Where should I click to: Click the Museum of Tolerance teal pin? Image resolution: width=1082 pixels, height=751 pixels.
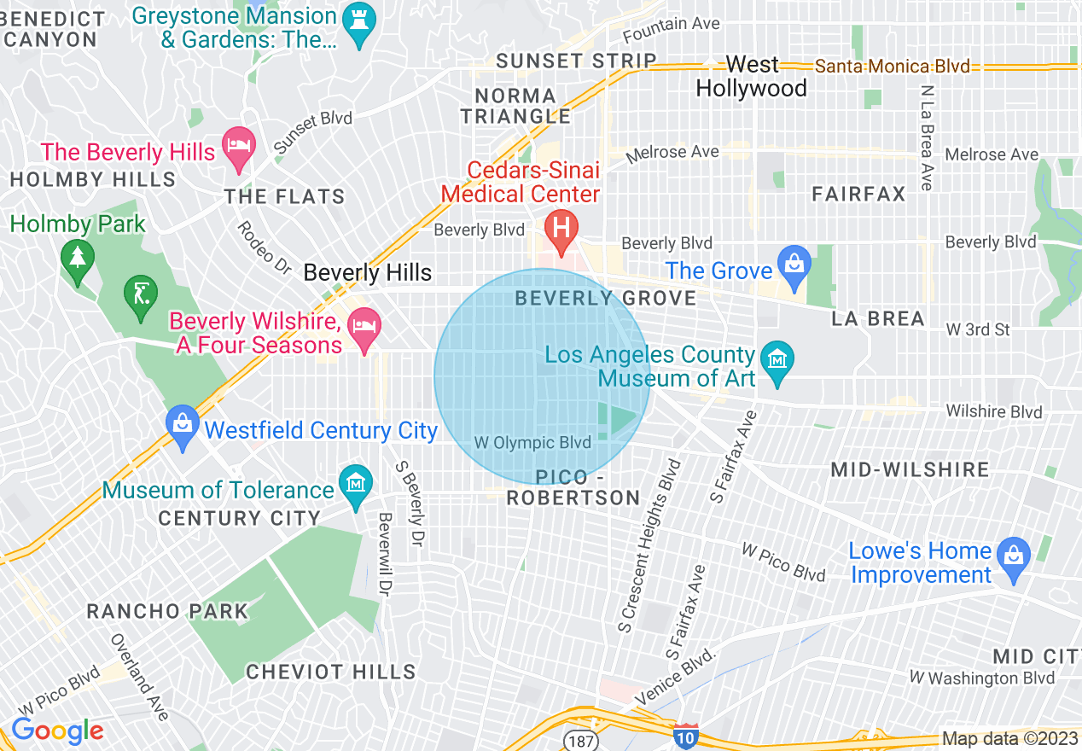356,484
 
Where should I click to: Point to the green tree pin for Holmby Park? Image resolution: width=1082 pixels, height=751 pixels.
78,258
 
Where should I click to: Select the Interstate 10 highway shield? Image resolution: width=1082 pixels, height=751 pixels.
685,736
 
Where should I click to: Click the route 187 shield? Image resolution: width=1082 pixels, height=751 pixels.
580,739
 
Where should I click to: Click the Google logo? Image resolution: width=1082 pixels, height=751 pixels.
57,731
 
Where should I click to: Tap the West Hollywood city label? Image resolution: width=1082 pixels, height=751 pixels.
751,77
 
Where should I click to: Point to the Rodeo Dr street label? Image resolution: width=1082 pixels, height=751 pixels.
265,247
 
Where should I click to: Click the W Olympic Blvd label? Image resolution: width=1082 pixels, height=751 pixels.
532,443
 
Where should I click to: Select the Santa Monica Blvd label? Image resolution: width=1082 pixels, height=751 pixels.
892,67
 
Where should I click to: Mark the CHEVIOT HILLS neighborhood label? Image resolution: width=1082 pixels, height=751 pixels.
331,672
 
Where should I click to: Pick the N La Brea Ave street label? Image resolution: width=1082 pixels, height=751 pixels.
927,137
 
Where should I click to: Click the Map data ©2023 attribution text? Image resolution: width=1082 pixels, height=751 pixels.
1009,739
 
